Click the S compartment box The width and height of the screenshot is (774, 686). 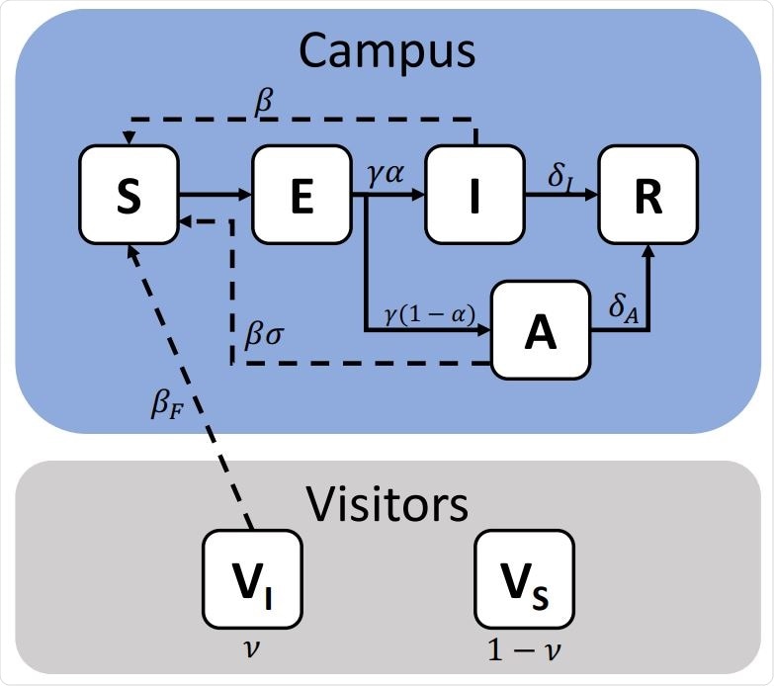tap(129, 195)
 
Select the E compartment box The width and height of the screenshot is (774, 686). tap(301, 195)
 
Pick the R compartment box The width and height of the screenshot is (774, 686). tap(647, 195)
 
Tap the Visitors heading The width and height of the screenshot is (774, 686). tap(387, 504)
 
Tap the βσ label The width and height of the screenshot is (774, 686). tap(264, 333)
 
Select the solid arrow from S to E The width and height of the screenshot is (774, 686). tap(215, 195)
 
